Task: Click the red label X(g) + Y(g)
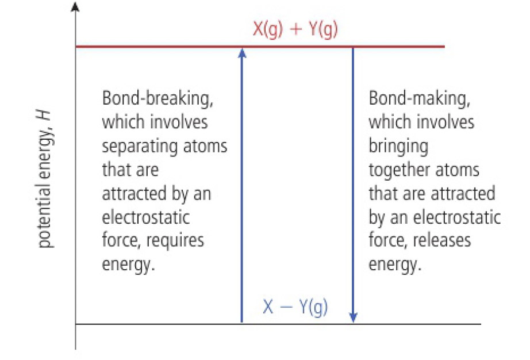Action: click(295, 29)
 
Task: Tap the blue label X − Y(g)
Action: click(295, 307)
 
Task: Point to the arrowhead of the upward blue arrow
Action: click(242, 52)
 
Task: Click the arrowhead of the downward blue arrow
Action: click(353, 317)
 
